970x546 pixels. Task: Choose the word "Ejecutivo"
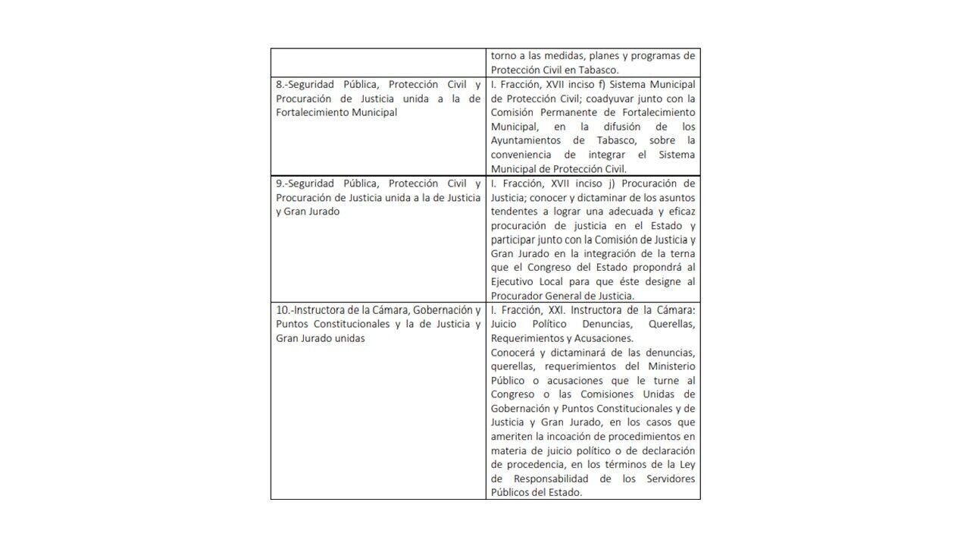(x=512, y=282)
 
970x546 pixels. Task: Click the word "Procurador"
(x=516, y=296)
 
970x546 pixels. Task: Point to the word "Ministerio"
(x=670, y=366)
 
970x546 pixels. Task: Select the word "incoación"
(x=580, y=437)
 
